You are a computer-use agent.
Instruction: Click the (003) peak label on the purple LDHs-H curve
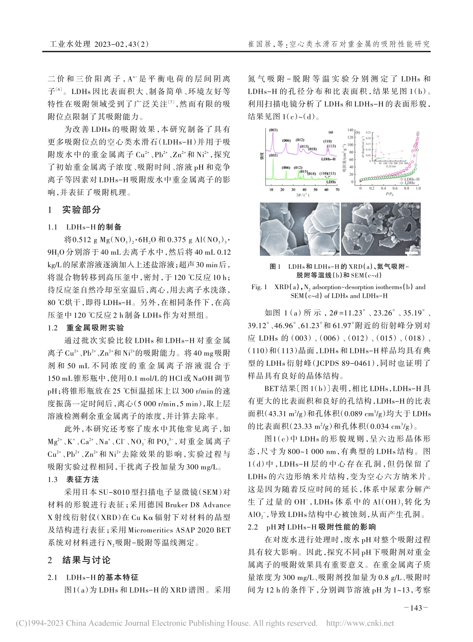(x=273, y=130)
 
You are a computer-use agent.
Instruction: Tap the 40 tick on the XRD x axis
(x=304, y=190)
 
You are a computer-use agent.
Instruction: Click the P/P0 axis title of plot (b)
(x=388, y=195)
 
